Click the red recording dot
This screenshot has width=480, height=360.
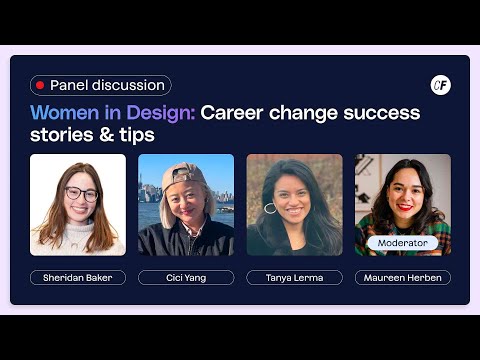tap(40, 86)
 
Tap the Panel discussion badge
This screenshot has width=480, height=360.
tap(100, 86)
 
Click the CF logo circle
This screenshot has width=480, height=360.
tap(440, 86)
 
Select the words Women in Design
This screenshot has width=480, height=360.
tap(112, 112)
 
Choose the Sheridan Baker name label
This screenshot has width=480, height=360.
tap(78, 277)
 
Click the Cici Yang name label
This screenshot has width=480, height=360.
tap(186, 277)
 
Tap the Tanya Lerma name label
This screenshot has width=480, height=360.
tap(294, 277)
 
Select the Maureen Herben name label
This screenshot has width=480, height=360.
tap(402, 277)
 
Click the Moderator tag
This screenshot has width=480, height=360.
tap(402, 243)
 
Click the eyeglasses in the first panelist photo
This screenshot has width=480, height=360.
tap(81, 194)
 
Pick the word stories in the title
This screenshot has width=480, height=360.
tap(64, 134)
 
